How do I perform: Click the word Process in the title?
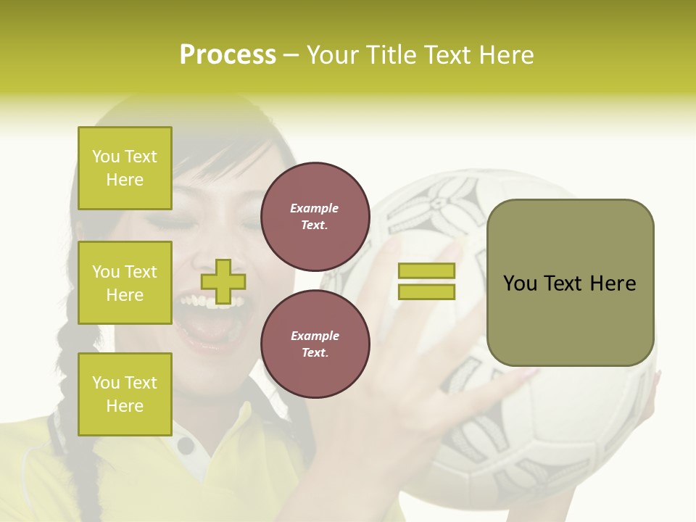tap(228, 55)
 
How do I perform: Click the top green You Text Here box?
tap(125, 168)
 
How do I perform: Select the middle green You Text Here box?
tap(125, 283)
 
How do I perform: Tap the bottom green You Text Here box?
tap(125, 394)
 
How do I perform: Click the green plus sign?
tap(223, 281)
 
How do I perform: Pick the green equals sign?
tap(426, 281)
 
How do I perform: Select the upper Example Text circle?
tap(315, 217)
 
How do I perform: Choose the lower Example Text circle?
tap(315, 344)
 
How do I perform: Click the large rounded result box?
tap(570, 283)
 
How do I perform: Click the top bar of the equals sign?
tap(426, 270)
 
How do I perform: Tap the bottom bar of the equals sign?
tap(426, 292)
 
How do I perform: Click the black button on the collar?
tap(186, 445)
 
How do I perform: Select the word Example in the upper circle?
tap(315, 208)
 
